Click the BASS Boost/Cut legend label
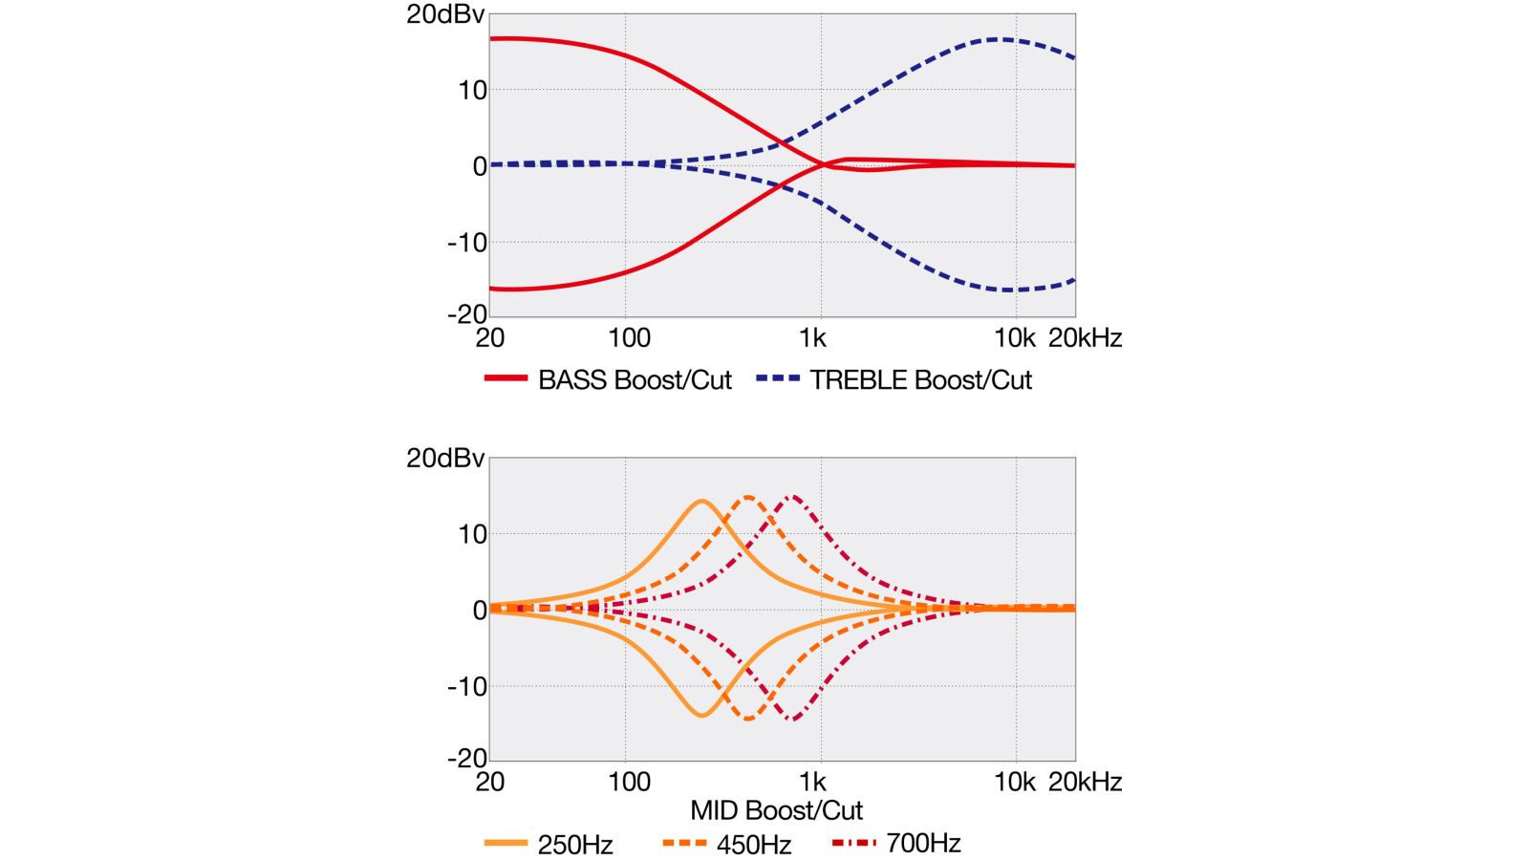pyautogui.click(x=635, y=380)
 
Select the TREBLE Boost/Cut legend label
pyautogui.click(x=920, y=380)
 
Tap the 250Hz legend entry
pyautogui.click(x=574, y=845)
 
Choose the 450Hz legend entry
pyautogui.click(x=753, y=845)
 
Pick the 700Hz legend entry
pyautogui.click(x=922, y=844)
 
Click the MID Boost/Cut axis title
pyautogui.click(x=776, y=811)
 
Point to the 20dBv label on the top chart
pyautogui.click(x=445, y=15)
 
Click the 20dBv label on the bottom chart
pyautogui.click(x=445, y=459)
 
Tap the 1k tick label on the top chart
pyautogui.click(x=812, y=338)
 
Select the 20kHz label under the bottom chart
pyautogui.click(x=1085, y=783)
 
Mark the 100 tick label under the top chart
pyautogui.click(x=629, y=338)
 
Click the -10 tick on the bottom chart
pyautogui.click(x=466, y=686)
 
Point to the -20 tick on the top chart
pyautogui.click(x=466, y=313)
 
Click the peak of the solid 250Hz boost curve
pyautogui.click(x=702, y=501)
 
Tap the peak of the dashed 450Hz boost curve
pyautogui.click(x=747, y=497)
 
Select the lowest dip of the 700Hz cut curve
pyautogui.click(x=792, y=720)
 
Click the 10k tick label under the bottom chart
pyautogui.click(x=1014, y=783)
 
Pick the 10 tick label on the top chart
pyautogui.click(x=472, y=91)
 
